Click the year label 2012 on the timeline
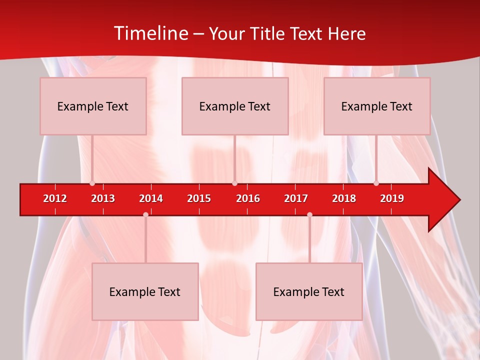click(x=55, y=198)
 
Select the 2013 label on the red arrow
click(x=103, y=198)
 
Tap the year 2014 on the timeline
click(x=151, y=198)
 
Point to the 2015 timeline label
click(x=199, y=198)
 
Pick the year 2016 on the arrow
click(x=248, y=198)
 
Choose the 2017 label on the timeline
click(x=296, y=198)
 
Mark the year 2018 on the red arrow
click(x=344, y=198)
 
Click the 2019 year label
click(x=392, y=198)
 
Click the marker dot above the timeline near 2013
click(x=92, y=183)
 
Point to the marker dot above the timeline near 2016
click(x=234, y=183)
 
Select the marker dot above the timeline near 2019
click(x=376, y=183)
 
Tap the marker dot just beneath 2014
click(x=145, y=214)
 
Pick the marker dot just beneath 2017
click(x=309, y=214)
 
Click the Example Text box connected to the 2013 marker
click(x=93, y=106)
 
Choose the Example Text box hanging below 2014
click(x=145, y=292)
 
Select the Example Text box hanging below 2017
click(x=309, y=292)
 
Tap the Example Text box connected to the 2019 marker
click(x=377, y=106)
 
